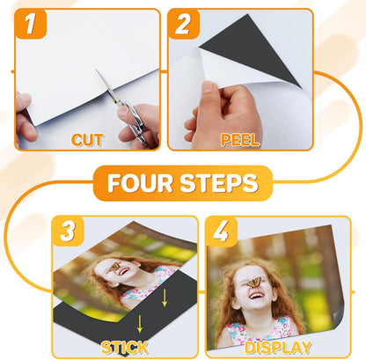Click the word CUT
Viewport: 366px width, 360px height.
point(87,138)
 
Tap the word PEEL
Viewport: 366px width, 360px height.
point(238,138)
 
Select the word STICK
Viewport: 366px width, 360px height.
point(125,346)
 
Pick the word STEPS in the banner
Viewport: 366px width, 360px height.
point(220,184)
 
